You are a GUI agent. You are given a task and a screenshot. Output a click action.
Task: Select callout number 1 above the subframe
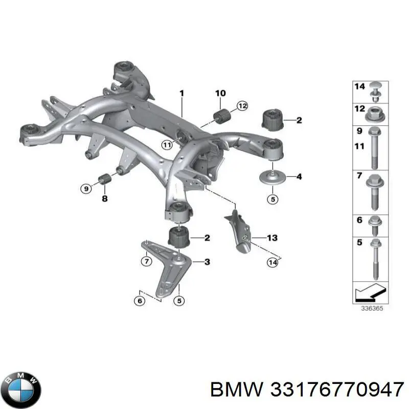[181, 93]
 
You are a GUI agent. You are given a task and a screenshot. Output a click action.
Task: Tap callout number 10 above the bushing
[220, 93]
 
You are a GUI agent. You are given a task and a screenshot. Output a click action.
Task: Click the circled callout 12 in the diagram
[242, 106]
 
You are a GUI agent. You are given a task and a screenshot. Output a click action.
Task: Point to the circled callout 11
[167, 145]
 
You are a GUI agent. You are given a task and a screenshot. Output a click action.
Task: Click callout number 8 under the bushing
[104, 199]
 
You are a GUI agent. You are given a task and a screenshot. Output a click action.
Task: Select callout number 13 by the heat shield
[272, 238]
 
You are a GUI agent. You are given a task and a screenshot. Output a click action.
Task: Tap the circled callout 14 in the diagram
[272, 263]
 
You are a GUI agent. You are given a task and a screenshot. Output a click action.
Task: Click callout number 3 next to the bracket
[207, 262]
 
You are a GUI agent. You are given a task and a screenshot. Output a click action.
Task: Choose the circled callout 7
[146, 262]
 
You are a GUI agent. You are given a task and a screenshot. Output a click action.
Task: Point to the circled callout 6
[139, 301]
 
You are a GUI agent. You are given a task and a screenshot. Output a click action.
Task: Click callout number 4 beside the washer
[299, 177]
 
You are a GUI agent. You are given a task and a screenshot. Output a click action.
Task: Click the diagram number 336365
[372, 308]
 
